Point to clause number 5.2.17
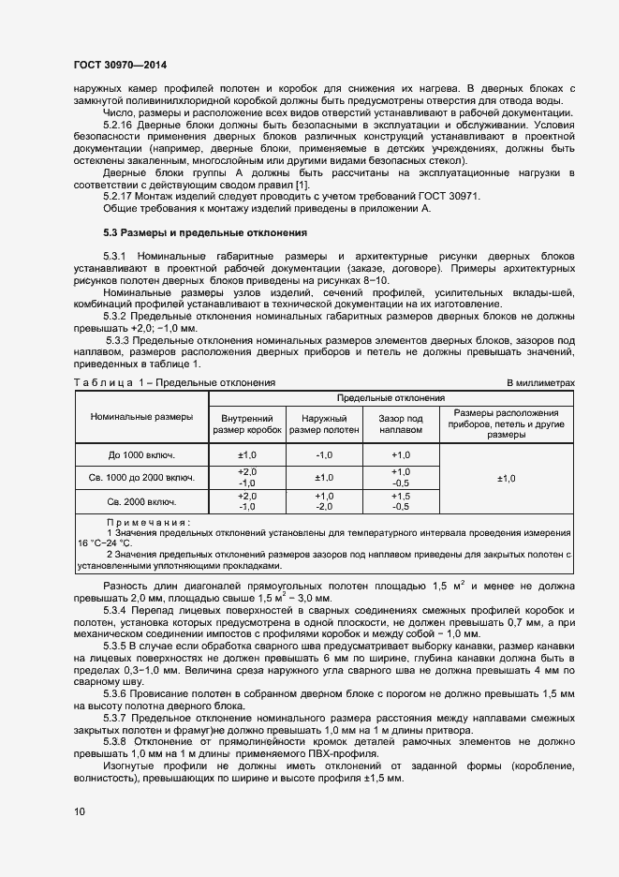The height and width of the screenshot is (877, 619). [119, 198]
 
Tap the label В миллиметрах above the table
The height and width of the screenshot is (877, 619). [540, 383]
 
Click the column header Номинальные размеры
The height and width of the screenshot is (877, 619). [142, 416]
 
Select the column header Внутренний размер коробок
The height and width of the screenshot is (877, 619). [247, 424]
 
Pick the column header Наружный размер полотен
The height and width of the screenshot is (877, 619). [324, 424]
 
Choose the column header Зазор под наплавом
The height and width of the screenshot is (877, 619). [400, 424]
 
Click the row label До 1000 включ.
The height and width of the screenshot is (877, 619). [142, 454]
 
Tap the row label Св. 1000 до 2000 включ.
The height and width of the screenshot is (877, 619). [142, 478]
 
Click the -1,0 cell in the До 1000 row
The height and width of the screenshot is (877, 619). [324, 454]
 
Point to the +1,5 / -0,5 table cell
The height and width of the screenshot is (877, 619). [400, 501]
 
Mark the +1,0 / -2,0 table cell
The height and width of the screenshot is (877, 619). [324, 501]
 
